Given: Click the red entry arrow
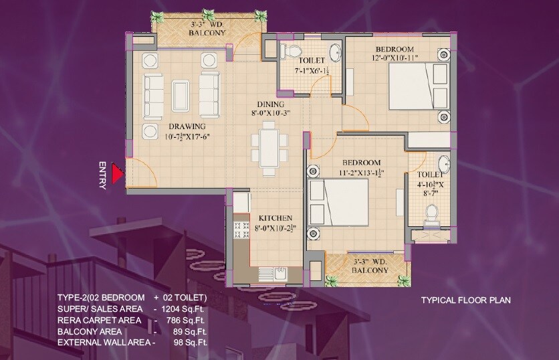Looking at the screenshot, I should [117, 175].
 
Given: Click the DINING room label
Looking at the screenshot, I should [271, 104].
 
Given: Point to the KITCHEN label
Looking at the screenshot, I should [275, 219].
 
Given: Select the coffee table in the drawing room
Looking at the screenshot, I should [180, 94].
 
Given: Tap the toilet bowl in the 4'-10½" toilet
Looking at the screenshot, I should [432, 212].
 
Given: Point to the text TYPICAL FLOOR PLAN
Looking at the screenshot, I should [465, 300].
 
